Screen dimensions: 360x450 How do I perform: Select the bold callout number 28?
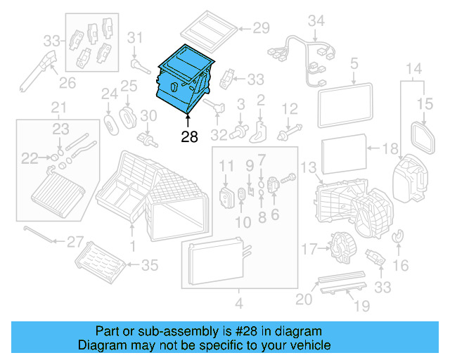coord(189,137)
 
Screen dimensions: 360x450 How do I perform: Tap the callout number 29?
coord(261,29)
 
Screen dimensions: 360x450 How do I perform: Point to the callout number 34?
coord(317,20)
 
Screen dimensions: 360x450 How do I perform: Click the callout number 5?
coord(354,65)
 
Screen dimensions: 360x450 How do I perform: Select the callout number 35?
coord(150,265)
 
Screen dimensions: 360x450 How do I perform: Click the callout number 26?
coord(66,83)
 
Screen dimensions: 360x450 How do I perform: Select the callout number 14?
coord(414,69)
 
